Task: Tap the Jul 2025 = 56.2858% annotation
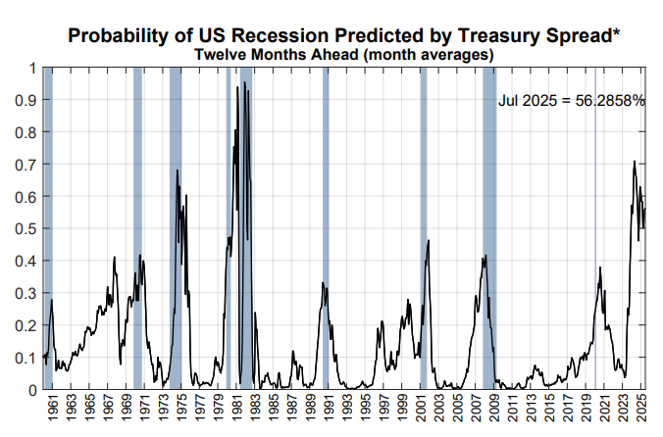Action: [x=571, y=100]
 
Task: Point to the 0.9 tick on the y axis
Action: [x=28, y=100]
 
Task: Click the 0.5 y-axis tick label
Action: [x=28, y=229]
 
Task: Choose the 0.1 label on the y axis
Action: [x=28, y=358]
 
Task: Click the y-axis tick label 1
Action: [x=33, y=69]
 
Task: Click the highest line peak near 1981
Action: [x=236, y=88]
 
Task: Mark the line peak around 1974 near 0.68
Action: [x=178, y=170]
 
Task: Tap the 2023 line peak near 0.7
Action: [x=635, y=162]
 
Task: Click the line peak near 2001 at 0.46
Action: [x=429, y=240]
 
